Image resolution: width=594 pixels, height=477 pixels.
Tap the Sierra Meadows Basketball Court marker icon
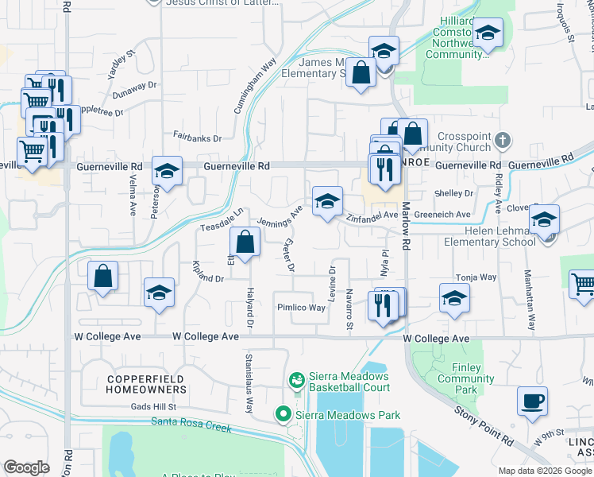click(x=297, y=382)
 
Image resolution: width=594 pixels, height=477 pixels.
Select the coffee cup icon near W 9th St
click(x=532, y=401)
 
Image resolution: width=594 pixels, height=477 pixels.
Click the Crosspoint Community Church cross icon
click(x=501, y=141)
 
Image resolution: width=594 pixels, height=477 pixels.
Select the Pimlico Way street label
click(x=301, y=308)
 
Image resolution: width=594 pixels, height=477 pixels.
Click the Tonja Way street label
click(x=476, y=277)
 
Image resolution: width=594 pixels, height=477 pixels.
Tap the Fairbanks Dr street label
click(x=197, y=138)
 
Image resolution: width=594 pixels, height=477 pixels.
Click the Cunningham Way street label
click(x=255, y=85)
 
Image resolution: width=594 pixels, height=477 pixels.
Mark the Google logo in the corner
click(x=27, y=467)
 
